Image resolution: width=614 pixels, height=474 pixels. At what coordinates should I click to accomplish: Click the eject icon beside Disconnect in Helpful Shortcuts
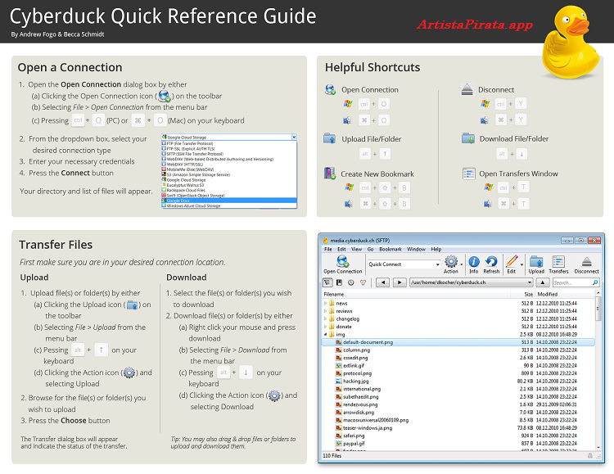pos(467,89)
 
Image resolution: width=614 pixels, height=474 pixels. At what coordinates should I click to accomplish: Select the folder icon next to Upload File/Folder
pos(329,138)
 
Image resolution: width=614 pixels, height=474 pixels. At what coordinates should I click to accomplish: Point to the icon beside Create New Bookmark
pos(330,173)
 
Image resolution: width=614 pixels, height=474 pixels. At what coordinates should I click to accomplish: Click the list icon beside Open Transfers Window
pos(468,174)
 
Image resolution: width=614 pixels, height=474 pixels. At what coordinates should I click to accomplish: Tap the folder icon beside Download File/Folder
pos(467,138)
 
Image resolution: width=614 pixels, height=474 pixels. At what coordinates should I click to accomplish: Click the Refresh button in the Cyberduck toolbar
pos(491,265)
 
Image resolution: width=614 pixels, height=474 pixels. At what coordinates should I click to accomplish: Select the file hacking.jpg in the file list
pos(356,381)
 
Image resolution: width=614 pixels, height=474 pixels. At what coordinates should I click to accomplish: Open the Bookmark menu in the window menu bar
pos(390,249)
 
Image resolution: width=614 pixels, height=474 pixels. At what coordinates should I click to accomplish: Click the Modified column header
pos(547,294)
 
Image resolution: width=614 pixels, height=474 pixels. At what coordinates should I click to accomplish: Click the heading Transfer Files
pos(56,244)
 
